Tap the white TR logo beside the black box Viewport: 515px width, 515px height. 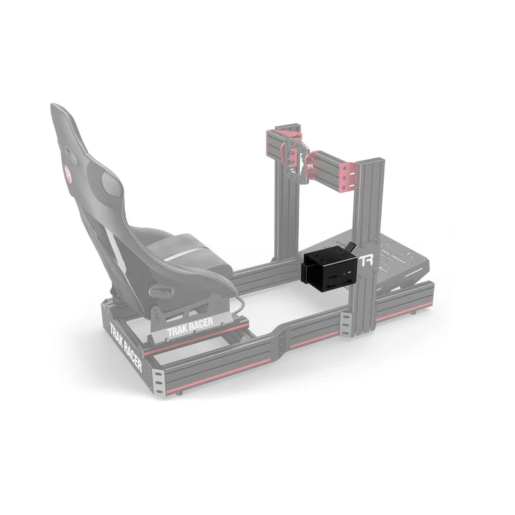click(x=366, y=261)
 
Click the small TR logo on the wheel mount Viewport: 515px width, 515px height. click(x=310, y=166)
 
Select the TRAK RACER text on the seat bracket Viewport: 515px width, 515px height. click(x=189, y=330)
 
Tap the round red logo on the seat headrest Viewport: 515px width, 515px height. click(x=68, y=173)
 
